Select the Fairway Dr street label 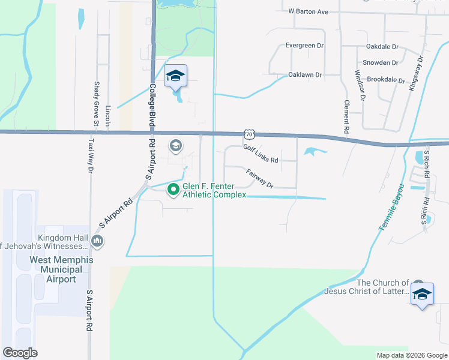(x=260, y=179)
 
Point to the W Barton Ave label (x=308, y=11)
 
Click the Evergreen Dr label (x=304, y=45)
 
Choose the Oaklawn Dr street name (x=305, y=75)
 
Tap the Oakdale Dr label (x=382, y=46)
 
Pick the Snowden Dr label (x=381, y=62)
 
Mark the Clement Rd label (x=347, y=117)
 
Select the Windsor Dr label (x=359, y=86)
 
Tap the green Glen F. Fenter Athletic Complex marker (x=173, y=190)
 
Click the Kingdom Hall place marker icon (x=97, y=241)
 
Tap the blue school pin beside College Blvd (x=175, y=76)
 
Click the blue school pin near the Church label (x=422, y=294)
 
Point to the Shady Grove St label (x=96, y=105)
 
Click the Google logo (x=20, y=353)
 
